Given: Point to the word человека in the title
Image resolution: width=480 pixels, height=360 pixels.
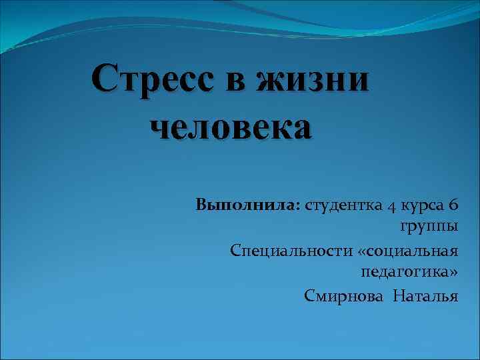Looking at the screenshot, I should pos(231,127).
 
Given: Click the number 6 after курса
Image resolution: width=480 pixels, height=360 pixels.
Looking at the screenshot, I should pos(453,205).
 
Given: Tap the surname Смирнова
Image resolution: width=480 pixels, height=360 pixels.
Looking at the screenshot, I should pos(343,295).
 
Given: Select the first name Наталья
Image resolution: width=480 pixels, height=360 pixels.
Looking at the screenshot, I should pos(425,295).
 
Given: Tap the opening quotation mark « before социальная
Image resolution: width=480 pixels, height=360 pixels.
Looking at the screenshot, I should pos(363,251).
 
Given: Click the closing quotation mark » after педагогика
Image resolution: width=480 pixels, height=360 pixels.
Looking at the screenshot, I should pos(454,272).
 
